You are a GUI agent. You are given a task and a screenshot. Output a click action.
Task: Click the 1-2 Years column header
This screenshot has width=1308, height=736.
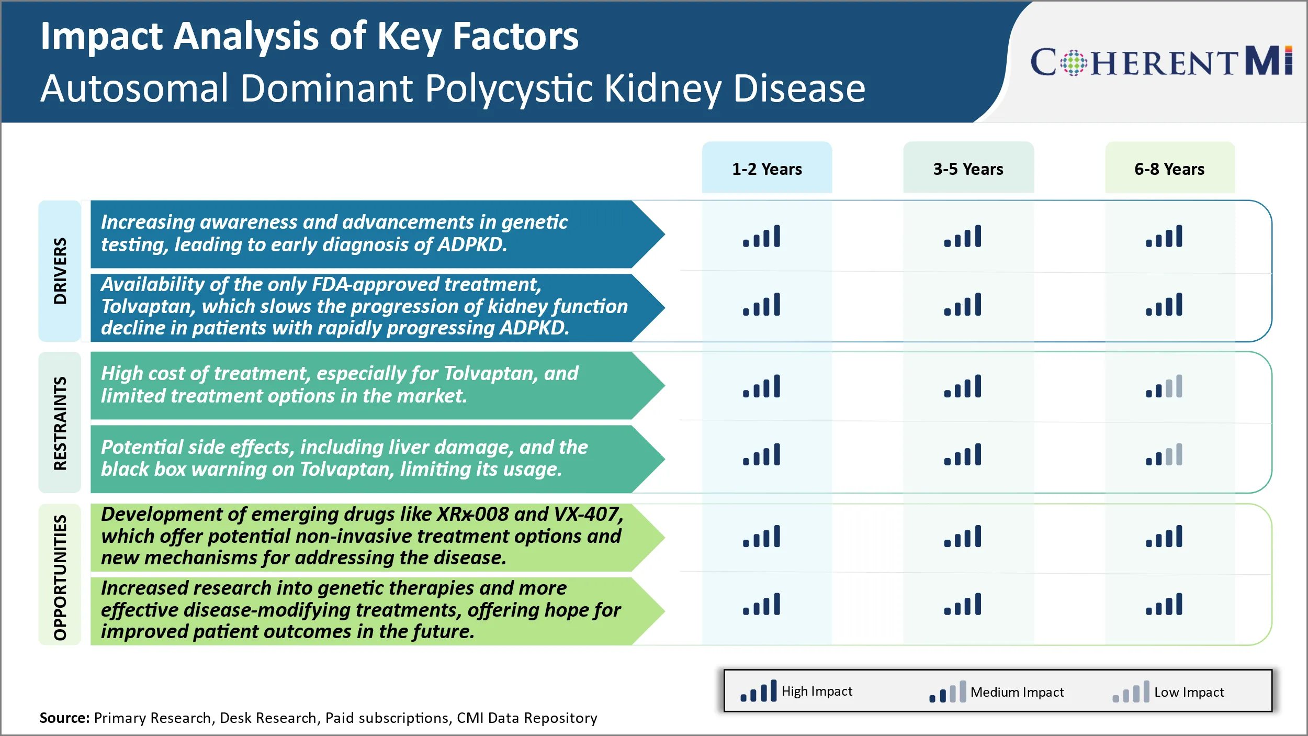pos(766,169)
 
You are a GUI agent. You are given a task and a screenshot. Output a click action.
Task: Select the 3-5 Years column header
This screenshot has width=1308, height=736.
pos(968,169)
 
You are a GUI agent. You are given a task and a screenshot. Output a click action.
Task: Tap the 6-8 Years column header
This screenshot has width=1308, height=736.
pos(1169,169)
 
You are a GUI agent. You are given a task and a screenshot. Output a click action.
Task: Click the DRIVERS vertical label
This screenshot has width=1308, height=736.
pos(60,271)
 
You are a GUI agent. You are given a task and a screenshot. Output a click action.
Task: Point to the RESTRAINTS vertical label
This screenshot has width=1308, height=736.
pos(60,422)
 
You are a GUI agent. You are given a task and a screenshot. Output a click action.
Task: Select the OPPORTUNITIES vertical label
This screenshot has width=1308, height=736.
pos(60,577)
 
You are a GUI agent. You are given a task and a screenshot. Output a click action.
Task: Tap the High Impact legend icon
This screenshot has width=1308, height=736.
pos(758,691)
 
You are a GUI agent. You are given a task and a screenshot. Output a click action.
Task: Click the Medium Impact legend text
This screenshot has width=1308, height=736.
pos(1017,692)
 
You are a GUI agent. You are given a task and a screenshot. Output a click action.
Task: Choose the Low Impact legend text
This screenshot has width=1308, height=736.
pos(1189,692)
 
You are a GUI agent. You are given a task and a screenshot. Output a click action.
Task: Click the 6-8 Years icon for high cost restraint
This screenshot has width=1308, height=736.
pos(1164,386)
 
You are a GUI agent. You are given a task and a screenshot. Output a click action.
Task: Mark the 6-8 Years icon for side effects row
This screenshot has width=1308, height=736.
pos(1164,454)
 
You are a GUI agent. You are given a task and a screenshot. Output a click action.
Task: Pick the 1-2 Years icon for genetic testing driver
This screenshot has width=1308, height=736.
pos(761,236)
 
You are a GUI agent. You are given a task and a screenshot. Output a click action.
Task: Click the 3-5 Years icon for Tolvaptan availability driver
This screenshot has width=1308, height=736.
pos(963,305)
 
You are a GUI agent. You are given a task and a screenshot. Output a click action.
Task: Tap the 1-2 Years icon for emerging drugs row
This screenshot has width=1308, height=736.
pos(761,537)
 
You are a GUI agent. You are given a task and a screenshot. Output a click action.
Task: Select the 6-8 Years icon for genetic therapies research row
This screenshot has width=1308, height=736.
pos(1164,604)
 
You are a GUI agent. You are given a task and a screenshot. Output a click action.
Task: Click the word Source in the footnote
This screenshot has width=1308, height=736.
pos(64,718)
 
